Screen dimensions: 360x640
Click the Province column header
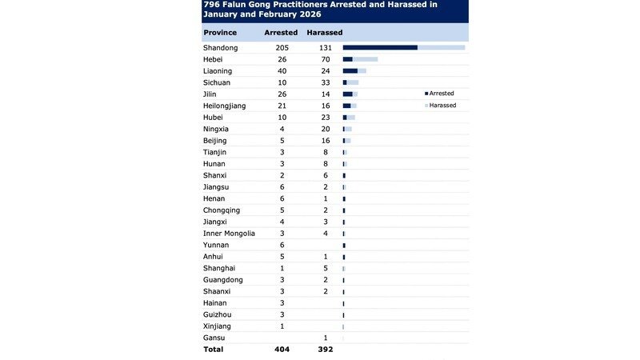pos(219,33)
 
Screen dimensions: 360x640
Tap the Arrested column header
pos(280,33)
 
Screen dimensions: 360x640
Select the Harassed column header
pos(325,33)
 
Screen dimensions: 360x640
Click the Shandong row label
pos(221,47)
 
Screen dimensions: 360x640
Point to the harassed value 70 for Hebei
pos(325,59)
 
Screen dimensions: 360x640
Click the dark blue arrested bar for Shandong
pos(380,47)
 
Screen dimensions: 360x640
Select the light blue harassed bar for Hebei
pos(365,59)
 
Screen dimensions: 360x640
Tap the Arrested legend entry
pos(441,94)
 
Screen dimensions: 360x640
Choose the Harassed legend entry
pos(442,105)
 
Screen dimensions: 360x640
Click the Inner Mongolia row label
pos(230,233)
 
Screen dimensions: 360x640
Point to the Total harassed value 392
pos(325,350)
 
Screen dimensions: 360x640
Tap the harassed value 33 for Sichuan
pos(325,82)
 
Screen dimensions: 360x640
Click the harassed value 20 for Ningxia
pos(325,129)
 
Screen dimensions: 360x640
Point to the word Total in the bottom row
pos(214,350)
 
